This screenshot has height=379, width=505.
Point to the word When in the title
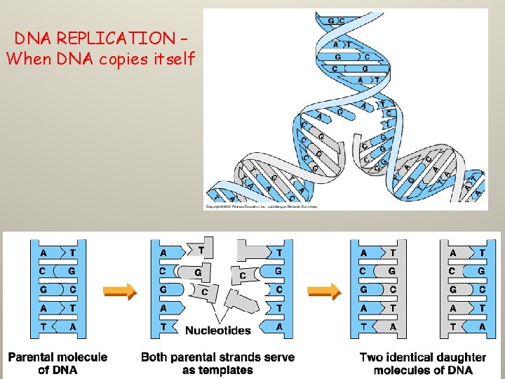pyautogui.click(x=25, y=59)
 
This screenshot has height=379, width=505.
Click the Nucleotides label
pyautogui.click(x=217, y=330)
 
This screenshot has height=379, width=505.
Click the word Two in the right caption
pyautogui.click(x=371, y=357)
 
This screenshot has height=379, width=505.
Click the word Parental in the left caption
pyautogui.click(x=32, y=357)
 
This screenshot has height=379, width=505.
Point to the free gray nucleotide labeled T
pyautogui.click(x=202, y=248)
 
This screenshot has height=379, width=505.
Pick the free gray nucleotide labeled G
pyautogui.click(x=198, y=272)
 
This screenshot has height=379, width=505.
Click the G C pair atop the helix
pyautogui.click(x=336, y=20)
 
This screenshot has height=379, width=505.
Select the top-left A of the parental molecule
pyautogui.click(x=44, y=253)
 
